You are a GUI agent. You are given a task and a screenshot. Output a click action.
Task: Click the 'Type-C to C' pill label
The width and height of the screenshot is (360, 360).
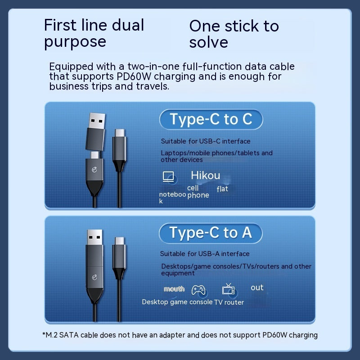(211, 119)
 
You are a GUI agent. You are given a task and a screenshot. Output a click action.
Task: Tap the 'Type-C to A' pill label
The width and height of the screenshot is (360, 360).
(211, 233)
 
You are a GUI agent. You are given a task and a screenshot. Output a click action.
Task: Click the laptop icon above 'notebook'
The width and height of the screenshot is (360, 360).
(168, 176)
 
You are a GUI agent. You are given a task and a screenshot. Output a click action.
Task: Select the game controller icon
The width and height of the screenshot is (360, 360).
(198, 290)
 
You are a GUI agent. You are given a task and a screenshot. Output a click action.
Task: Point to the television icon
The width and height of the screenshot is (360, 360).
(228, 289)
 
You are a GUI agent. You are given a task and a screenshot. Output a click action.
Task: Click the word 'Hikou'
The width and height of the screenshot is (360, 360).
(206, 175)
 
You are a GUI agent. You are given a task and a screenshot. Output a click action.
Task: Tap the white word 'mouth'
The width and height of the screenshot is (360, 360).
(174, 288)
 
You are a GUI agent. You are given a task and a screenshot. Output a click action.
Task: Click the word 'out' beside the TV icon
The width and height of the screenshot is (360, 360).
(257, 288)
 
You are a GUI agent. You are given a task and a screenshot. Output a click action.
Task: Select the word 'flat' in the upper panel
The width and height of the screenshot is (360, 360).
(222, 189)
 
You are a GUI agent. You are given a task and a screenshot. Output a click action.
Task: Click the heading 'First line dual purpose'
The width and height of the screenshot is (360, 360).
(94, 33)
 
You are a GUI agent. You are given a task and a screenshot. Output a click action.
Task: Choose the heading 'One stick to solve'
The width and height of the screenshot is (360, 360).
(234, 34)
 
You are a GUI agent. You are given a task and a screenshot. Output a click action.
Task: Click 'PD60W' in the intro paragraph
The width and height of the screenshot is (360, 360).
(134, 76)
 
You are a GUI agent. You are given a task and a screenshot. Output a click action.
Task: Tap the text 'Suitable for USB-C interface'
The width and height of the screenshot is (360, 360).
(206, 141)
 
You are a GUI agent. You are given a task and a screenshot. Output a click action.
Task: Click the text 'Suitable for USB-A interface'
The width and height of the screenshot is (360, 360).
(205, 253)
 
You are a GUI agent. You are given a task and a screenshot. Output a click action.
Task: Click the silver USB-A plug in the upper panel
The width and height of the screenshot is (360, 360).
(97, 121)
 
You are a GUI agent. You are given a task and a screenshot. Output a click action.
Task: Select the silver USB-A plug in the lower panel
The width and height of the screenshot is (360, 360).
(94, 238)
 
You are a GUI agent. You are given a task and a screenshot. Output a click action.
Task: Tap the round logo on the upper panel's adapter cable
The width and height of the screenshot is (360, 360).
(94, 170)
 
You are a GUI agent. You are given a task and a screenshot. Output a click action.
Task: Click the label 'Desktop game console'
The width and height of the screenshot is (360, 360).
(177, 302)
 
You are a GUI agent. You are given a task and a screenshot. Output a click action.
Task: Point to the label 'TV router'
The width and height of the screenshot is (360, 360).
(229, 302)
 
